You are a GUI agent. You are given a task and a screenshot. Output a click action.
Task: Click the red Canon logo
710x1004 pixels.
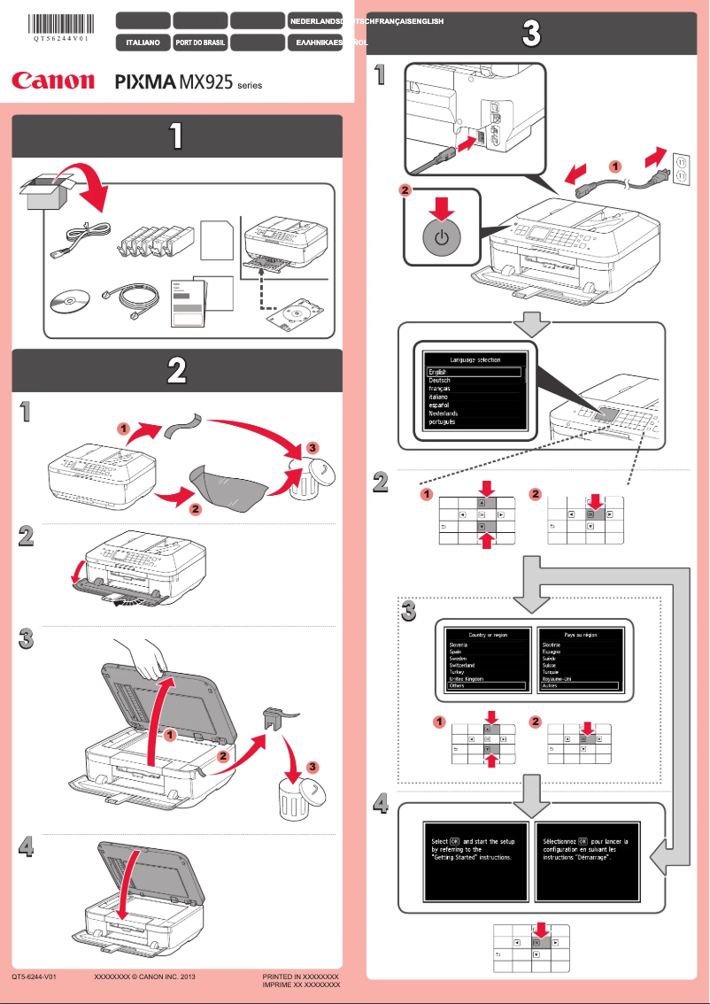pos(53,81)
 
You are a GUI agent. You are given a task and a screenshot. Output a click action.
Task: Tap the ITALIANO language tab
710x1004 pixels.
pos(143,42)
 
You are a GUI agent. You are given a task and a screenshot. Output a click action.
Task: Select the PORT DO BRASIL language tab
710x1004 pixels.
pos(199,42)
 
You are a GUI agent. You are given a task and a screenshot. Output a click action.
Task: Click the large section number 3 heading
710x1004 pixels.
pos(530,35)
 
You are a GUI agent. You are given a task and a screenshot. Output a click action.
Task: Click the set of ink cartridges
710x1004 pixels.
pos(153,243)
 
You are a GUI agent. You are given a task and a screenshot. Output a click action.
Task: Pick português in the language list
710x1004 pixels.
pos(442,422)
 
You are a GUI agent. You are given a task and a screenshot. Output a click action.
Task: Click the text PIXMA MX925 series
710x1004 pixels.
pos(189,83)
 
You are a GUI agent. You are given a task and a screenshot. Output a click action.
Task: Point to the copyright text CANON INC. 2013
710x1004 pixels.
pos(143,976)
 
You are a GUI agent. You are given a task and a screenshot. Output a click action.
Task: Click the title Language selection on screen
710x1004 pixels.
pos(475,359)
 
